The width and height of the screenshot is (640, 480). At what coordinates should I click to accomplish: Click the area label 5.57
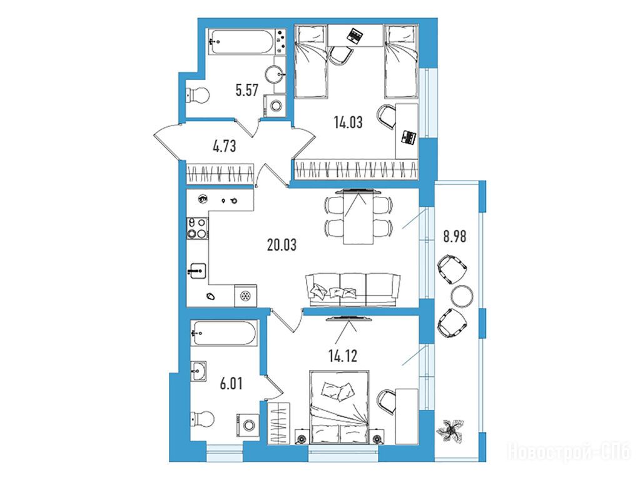coord(247,89)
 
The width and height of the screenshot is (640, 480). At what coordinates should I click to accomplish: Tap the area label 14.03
coord(348,122)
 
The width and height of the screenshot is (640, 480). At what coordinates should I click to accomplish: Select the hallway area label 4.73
coord(225,146)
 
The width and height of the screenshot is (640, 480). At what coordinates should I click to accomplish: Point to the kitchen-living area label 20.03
coord(282,245)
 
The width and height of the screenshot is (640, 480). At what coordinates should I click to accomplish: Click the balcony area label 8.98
coord(455,236)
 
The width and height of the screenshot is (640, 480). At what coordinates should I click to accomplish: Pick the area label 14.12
coord(343,356)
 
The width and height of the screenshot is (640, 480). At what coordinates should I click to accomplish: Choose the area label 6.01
coord(231,383)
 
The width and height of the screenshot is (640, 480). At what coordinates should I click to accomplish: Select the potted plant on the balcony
coord(450,431)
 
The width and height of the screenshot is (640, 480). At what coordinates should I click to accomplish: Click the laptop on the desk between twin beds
coord(355,36)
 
